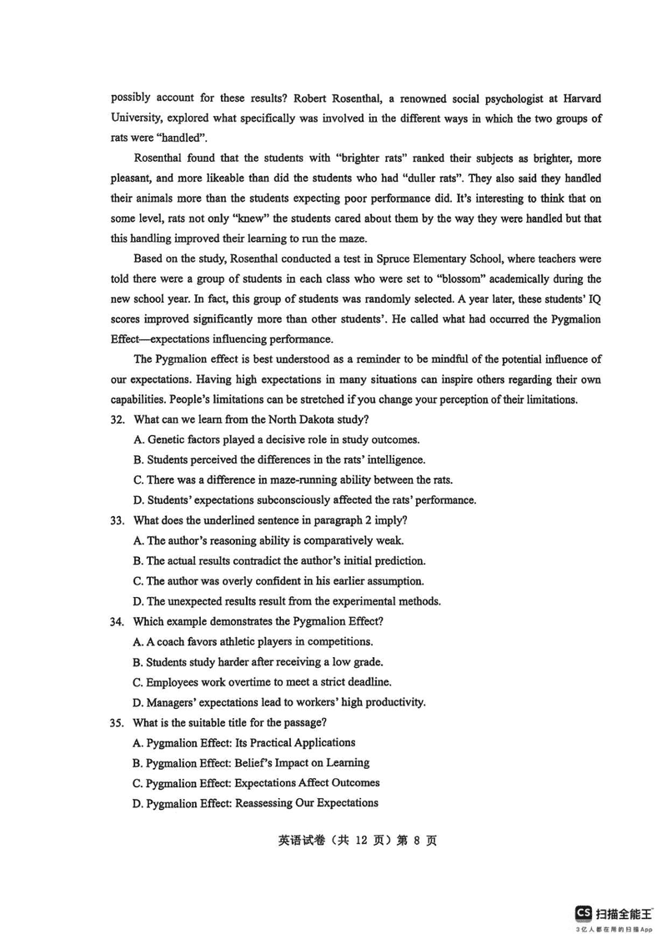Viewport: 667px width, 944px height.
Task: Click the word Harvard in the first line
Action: click(579, 98)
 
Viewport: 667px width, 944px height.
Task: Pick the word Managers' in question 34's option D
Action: click(173, 702)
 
